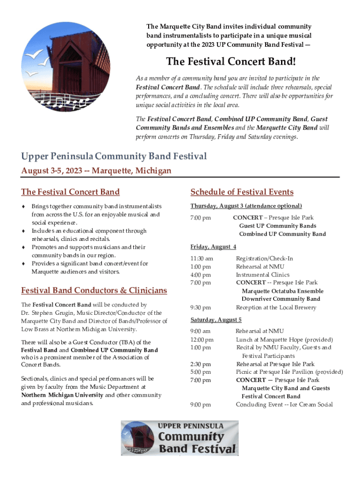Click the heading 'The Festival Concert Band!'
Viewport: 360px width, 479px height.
(231, 62)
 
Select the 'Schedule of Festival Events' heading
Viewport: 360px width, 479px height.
(242, 192)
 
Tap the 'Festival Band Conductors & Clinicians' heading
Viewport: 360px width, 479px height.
(94, 290)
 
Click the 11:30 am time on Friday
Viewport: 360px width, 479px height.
(202, 258)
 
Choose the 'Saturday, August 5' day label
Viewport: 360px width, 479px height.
(216, 319)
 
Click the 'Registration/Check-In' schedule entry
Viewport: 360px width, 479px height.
(264, 258)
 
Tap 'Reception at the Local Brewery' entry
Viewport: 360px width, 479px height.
(276, 307)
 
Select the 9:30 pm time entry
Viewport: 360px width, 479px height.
(201, 307)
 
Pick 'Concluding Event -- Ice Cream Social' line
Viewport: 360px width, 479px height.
(284, 405)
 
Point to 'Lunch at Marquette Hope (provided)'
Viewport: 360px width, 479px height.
(284, 339)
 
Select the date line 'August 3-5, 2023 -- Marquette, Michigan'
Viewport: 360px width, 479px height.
(96, 171)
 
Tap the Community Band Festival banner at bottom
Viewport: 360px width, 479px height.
(180, 438)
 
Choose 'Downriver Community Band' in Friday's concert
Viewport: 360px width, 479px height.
(281, 299)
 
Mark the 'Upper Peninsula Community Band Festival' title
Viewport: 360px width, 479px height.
(114, 156)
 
